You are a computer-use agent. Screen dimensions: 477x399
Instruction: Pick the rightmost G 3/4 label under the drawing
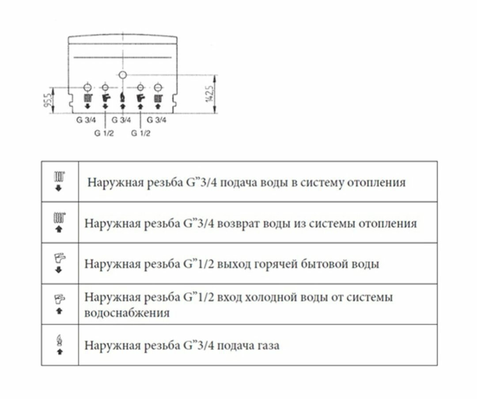(x=157, y=120)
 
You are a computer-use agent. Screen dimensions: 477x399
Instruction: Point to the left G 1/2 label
(x=104, y=133)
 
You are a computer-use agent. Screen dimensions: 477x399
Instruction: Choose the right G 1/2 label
(x=140, y=133)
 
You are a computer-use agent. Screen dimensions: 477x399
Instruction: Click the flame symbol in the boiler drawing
(x=123, y=98)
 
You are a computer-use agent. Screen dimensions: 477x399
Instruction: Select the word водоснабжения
(x=127, y=313)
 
